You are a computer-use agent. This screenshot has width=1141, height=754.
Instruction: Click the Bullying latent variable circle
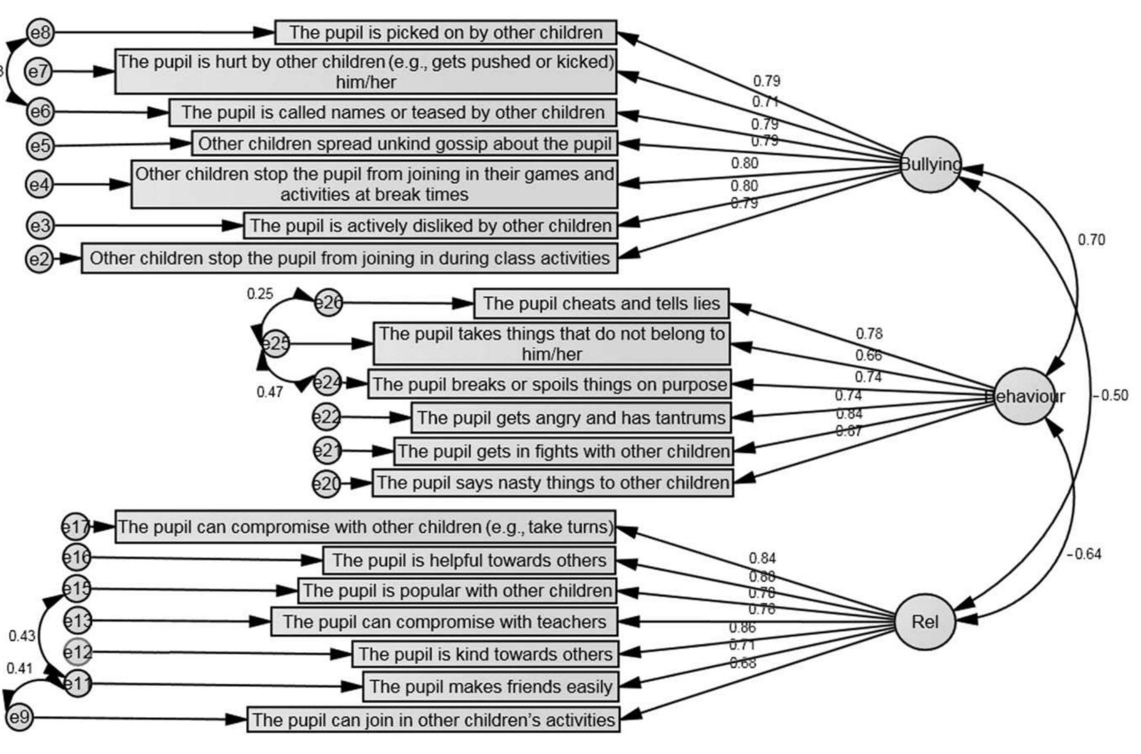pos(930,164)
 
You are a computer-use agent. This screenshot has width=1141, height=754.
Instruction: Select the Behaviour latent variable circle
pos(1024,396)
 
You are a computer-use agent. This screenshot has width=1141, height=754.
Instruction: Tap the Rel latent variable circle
pos(925,622)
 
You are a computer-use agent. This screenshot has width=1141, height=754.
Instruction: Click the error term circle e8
pos(40,32)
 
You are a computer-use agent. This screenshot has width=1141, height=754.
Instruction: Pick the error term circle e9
pos(19,717)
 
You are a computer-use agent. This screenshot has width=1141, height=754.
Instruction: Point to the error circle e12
pos(77,652)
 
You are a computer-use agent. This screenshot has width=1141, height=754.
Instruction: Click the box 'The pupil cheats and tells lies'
pos(601,303)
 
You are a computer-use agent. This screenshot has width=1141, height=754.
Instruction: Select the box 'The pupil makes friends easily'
pos(490,686)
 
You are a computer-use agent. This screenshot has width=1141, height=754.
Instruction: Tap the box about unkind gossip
pos(404,144)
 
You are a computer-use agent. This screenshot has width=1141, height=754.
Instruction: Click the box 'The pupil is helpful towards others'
pos(469,560)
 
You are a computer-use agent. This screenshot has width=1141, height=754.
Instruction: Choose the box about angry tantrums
pos(571,418)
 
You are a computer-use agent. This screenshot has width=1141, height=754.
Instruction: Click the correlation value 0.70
pos(1091,240)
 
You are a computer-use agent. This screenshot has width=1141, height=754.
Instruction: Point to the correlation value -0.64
pos(1084,554)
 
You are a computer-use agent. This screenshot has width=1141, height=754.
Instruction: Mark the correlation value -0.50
pos(1110,396)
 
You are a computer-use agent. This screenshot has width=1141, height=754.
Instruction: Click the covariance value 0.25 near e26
pos(260,294)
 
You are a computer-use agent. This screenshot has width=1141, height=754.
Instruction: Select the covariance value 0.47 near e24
pos(270,392)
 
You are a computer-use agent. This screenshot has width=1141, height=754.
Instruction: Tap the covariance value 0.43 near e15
pos(22,636)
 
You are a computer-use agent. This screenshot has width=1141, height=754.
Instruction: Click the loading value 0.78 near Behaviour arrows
pos(869,333)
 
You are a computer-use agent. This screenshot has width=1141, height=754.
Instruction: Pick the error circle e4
pos(39,184)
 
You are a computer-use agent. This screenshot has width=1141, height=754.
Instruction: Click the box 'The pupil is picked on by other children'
pos(445,32)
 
